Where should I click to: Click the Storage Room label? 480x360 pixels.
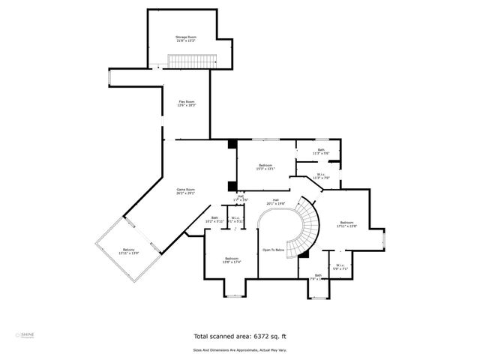tap(186, 38)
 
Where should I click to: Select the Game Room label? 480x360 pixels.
tap(185, 191)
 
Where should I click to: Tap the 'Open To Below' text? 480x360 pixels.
tap(274, 250)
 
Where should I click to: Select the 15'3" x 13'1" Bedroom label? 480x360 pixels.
tap(266, 166)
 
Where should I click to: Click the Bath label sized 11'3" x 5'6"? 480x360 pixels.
tap(320, 151)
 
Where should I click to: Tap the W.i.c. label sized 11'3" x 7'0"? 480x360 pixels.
tap(320, 176)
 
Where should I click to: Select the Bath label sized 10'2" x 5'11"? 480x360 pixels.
tap(215, 220)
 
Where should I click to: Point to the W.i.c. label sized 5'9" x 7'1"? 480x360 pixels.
tap(339, 267)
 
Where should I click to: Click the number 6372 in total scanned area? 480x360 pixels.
tap(262, 337)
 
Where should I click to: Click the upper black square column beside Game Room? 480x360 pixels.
tap(232, 144)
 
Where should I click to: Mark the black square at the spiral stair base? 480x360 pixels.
tap(304, 256)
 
